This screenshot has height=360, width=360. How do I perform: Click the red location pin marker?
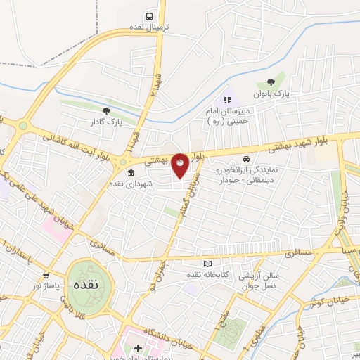click(x=180, y=165)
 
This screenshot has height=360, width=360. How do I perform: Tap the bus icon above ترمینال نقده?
click(x=149, y=15)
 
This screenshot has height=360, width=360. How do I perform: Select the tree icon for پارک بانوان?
click(x=271, y=82)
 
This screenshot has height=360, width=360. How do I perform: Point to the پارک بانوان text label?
click(x=271, y=93)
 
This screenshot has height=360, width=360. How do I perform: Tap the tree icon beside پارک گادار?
click(x=106, y=110)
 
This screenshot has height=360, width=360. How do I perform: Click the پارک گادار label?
click(x=105, y=121)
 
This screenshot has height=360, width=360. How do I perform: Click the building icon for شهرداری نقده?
click(x=131, y=173)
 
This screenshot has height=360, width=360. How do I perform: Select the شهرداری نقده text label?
click(x=130, y=184)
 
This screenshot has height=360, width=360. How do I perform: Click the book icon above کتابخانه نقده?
click(x=207, y=263)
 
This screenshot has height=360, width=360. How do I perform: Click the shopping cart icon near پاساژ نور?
click(x=46, y=275)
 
